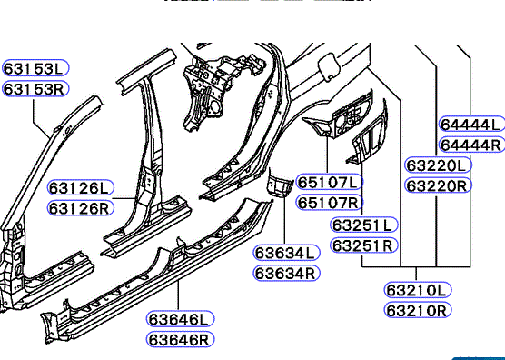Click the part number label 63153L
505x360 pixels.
click(35, 68)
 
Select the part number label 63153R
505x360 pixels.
click(35, 88)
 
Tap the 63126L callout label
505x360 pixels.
click(81, 187)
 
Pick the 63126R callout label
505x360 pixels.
click(81, 208)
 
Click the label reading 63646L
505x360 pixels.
click(181, 319)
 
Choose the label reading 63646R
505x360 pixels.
click(181, 339)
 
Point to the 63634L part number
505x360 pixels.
click(287, 253)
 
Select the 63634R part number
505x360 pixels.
click(287, 274)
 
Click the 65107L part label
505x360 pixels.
click(330, 182)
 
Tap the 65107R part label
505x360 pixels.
click(330, 203)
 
